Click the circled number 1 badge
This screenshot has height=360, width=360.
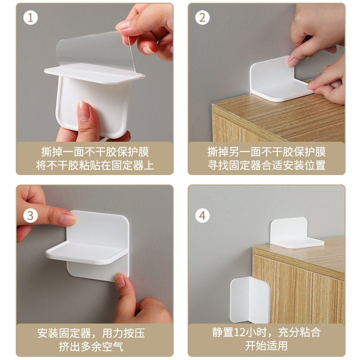point(31,18)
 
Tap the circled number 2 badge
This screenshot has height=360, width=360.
point(202,18)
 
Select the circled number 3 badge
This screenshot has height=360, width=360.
point(31,216)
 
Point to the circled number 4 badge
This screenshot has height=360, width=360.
point(202,216)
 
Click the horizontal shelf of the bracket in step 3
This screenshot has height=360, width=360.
point(87,252)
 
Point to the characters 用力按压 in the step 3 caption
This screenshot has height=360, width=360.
point(123,333)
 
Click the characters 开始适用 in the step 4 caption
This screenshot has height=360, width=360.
point(266,346)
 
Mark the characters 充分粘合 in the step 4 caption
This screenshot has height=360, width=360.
point(299,332)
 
